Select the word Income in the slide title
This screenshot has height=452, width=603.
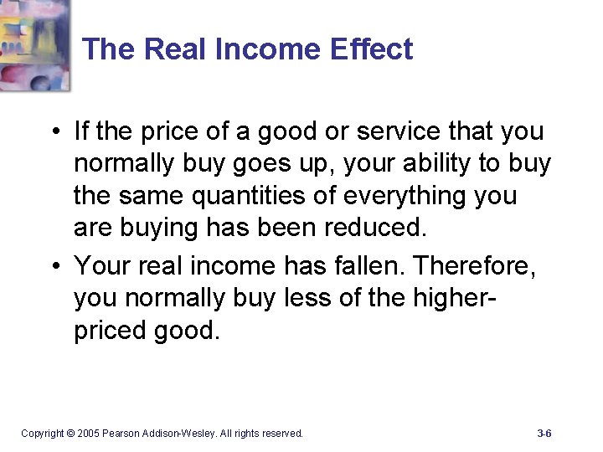(x=267, y=49)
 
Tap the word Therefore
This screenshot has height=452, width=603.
(x=475, y=265)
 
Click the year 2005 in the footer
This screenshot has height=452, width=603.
(x=87, y=434)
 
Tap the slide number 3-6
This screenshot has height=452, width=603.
(x=544, y=434)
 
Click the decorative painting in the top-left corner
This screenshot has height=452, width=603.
(x=33, y=44)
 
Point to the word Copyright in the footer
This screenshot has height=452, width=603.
(x=42, y=434)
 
